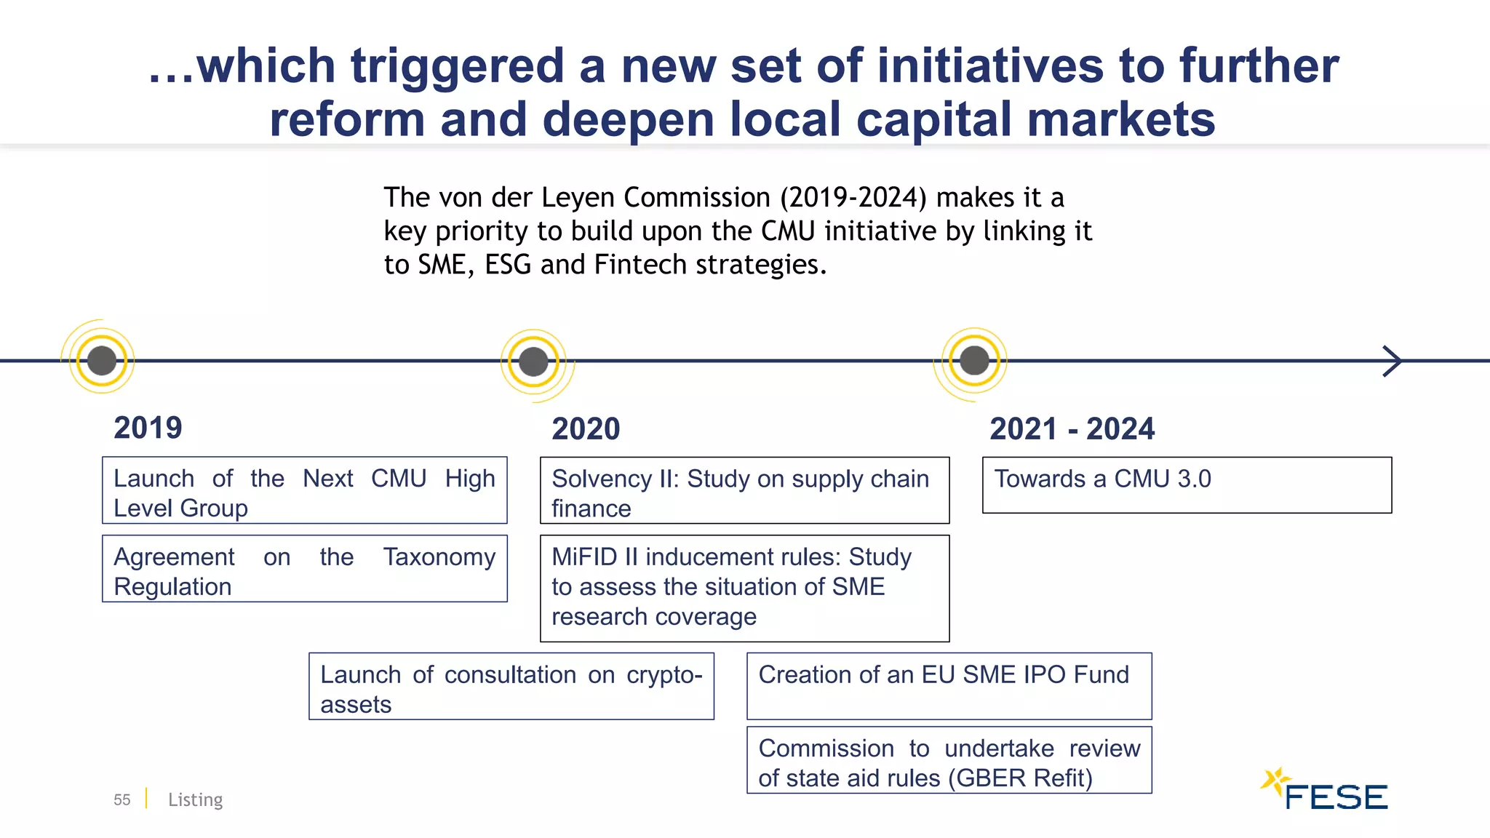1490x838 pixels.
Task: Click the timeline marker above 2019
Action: pos(102,360)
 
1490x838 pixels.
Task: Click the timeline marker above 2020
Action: pos(533,362)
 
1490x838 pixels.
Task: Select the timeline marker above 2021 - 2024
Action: pos(974,360)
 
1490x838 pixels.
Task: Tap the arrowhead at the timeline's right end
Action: pos(1392,361)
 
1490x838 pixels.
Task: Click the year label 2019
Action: pos(148,428)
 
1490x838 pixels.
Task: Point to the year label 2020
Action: pos(586,429)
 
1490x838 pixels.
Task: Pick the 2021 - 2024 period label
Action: pos(1072,429)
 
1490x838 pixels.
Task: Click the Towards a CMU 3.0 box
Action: pos(1186,485)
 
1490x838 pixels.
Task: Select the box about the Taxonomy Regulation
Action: pos(304,569)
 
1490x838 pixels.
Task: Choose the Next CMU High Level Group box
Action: pos(304,490)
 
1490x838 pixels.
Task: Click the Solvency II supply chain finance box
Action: pos(744,490)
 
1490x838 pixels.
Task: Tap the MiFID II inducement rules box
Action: pos(744,588)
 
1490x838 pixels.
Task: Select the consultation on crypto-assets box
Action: pos(511,686)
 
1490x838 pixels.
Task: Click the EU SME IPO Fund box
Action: pos(949,686)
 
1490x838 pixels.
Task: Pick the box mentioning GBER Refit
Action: pos(949,760)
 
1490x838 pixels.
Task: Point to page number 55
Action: pos(121,800)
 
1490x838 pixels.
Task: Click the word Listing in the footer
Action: pos(195,800)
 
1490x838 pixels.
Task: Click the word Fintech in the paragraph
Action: pos(640,265)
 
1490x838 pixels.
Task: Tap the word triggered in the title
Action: pos(458,65)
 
